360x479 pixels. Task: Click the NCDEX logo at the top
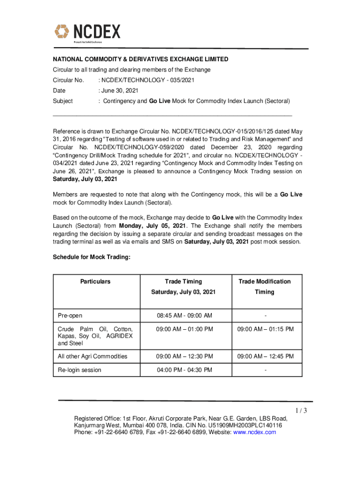pos(87,33)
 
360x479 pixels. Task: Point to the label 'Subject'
pos(63,101)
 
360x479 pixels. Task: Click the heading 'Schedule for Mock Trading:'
pos(91,257)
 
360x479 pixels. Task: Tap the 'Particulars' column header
pos(95,282)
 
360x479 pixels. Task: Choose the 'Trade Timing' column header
pos(183,282)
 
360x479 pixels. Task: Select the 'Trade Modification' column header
pos(264,282)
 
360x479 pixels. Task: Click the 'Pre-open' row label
pos(69,316)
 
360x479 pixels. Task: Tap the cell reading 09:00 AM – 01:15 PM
pos(265,329)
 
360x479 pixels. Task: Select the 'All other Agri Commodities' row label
pos(92,356)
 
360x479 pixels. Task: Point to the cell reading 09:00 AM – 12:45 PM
pos(265,356)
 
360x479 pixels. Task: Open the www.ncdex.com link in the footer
pos(254,432)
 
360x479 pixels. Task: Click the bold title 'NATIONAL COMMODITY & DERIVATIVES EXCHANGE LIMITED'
pos(140,59)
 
